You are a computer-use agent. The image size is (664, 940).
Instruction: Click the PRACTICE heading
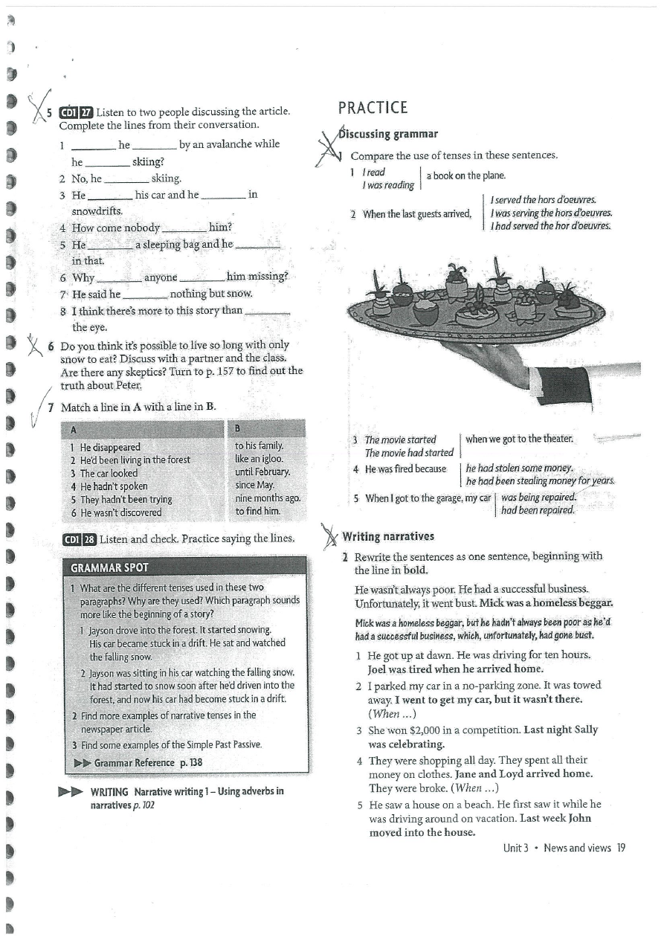pyautogui.click(x=373, y=108)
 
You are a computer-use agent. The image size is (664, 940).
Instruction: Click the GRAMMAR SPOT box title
pyautogui.click(x=109, y=567)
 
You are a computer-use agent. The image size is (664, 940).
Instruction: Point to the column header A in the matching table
pyautogui.click(x=73, y=429)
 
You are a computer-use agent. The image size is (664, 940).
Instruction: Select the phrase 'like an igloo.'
pyautogui.click(x=259, y=459)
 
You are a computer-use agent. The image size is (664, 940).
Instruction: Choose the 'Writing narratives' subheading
pyautogui.click(x=388, y=536)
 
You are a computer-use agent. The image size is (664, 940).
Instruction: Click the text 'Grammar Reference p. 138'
pyautogui.click(x=148, y=762)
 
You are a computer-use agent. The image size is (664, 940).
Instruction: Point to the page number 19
pyautogui.click(x=620, y=848)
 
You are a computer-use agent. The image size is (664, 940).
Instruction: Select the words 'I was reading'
pyautogui.click(x=387, y=186)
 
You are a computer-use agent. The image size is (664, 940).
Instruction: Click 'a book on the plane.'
pyautogui.click(x=465, y=176)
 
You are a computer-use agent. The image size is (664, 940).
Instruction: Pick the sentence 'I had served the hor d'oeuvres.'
pyautogui.click(x=550, y=225)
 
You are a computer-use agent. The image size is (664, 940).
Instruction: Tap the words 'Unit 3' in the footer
pyautogui.click(x=515, y=848)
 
